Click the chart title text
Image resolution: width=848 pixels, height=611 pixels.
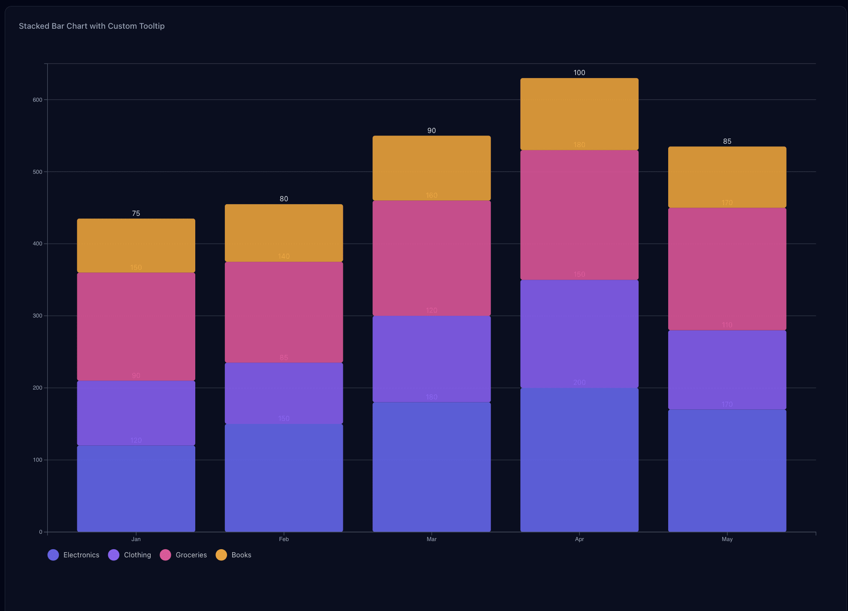pos(91,26)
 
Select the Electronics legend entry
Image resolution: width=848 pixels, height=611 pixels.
pos(73,555)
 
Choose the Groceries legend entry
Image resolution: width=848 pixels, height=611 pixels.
pos(183,555)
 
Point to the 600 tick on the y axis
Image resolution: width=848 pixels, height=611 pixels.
pos(38,100)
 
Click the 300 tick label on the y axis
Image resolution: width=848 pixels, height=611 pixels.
pos(38,316)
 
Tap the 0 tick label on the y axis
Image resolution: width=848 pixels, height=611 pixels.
pos(41,532)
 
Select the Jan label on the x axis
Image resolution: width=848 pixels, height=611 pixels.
pos(136,539)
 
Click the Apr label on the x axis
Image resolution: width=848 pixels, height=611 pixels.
pos(579,539)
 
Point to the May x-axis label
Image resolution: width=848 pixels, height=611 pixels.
pos(727,539)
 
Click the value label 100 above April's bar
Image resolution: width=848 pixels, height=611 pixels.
pos(579,73)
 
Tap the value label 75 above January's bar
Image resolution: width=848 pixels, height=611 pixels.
pos(136,213)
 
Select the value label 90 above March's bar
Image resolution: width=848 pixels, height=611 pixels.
pos(431,130)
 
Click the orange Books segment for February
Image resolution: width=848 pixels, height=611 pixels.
pos(284,233)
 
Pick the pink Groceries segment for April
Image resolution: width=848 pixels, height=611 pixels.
pos(579,215)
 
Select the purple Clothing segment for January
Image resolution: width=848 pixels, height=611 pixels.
pos(136,413)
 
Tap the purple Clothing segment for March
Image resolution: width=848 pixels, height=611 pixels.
pos(431,359)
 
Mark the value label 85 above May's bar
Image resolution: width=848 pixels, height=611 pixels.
pos(727,141)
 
